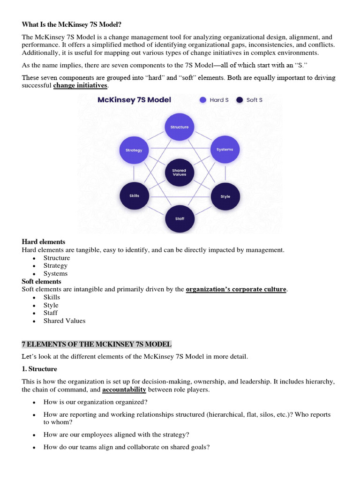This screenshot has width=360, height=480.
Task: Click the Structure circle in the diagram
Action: click(x=180, y=127)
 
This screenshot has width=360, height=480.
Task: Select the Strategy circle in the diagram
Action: click(x=134, y=150)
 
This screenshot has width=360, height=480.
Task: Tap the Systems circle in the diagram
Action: click(x=225, y=150)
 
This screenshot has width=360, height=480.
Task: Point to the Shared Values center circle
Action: click(x=179, y=172)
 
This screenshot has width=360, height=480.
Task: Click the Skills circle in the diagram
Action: click(x=134, y=195)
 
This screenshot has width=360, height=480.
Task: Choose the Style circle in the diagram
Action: click(x=225, y=196)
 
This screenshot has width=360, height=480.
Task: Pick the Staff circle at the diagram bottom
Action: click(x=180, y=218)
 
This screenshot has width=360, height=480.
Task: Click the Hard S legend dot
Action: click(x=203, y=100)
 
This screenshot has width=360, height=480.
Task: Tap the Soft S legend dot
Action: click(x=240, y=100)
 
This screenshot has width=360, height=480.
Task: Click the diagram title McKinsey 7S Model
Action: click(x=134, y=100)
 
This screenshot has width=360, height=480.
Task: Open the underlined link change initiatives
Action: click(x=80, y=86)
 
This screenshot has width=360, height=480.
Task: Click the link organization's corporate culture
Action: click(x=236, y=289)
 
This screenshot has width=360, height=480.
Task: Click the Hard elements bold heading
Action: click(x=44, y=242)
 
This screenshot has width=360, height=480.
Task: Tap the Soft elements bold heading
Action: click(x=42, y=281)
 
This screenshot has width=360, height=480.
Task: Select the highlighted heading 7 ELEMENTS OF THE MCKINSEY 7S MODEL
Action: click(x=97, y=344)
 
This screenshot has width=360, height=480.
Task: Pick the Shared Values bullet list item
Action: click(x=64, y=321)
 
